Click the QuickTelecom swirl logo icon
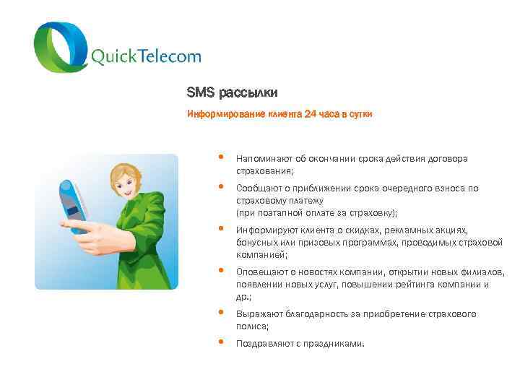(x=61, y=47)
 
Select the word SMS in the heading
(x=196, y=93)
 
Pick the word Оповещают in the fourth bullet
(x=261, y=272)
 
